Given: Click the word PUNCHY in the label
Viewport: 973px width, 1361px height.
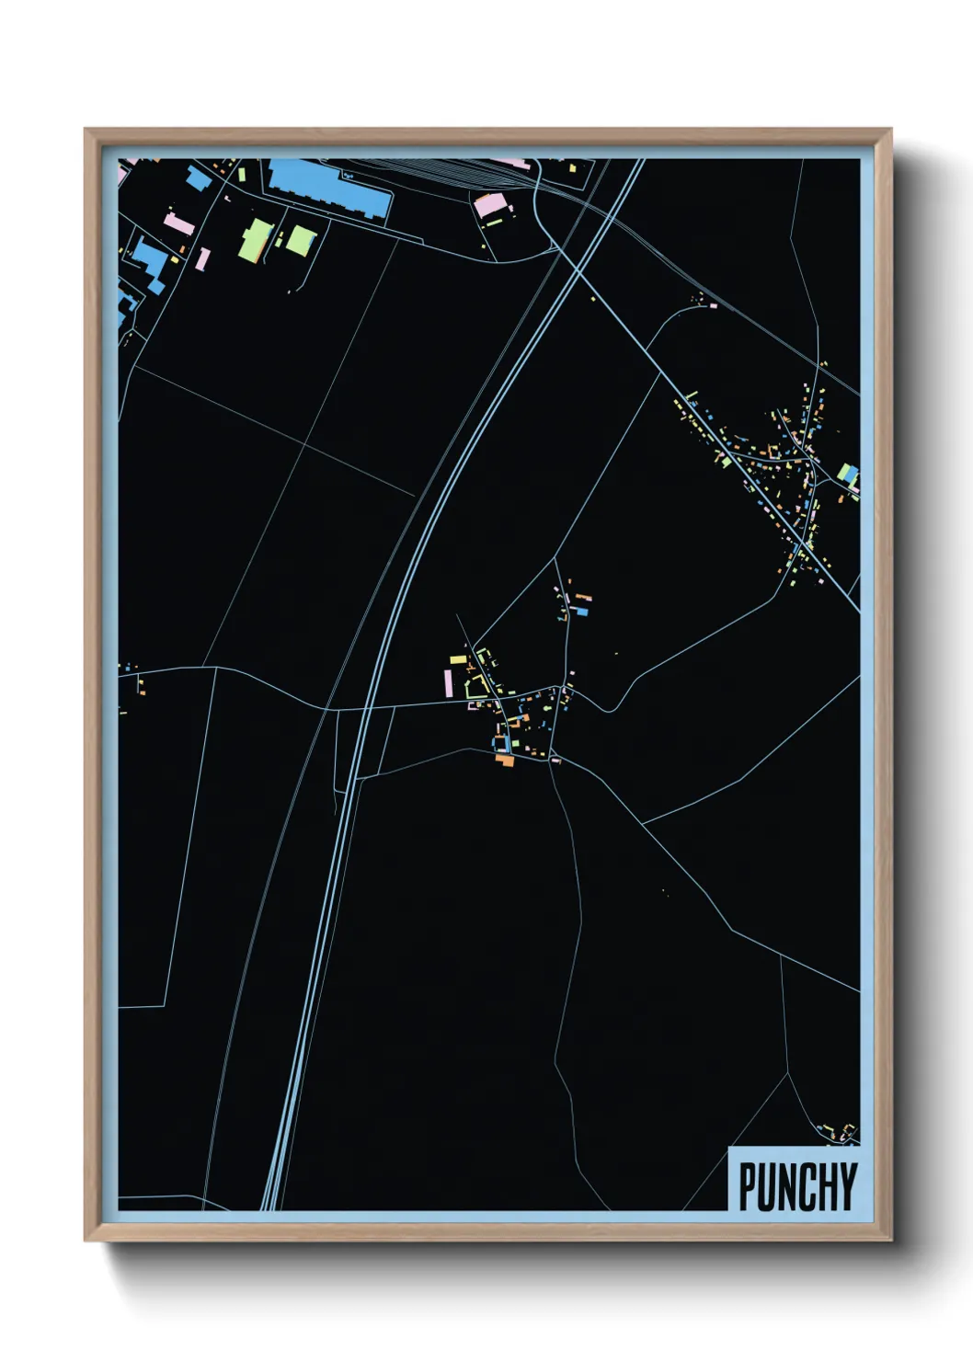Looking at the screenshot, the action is point(797,1186).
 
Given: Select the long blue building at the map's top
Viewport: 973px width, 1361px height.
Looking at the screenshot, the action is point(327,186).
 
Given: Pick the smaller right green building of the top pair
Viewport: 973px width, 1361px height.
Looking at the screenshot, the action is point(300,240).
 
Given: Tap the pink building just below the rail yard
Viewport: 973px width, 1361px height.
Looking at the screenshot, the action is point(489,205).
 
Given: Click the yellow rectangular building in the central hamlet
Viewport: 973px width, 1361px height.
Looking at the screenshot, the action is point(458,658).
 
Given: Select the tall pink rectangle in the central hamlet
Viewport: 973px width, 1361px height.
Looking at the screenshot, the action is point(448,682).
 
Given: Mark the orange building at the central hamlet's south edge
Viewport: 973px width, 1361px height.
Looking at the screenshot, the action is point(504,760).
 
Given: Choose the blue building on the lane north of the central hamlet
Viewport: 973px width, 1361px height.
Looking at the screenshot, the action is point(581,611).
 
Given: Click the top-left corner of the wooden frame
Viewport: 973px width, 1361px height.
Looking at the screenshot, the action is point(86,131).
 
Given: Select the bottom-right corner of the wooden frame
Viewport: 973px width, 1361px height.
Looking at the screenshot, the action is point(889,1239).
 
